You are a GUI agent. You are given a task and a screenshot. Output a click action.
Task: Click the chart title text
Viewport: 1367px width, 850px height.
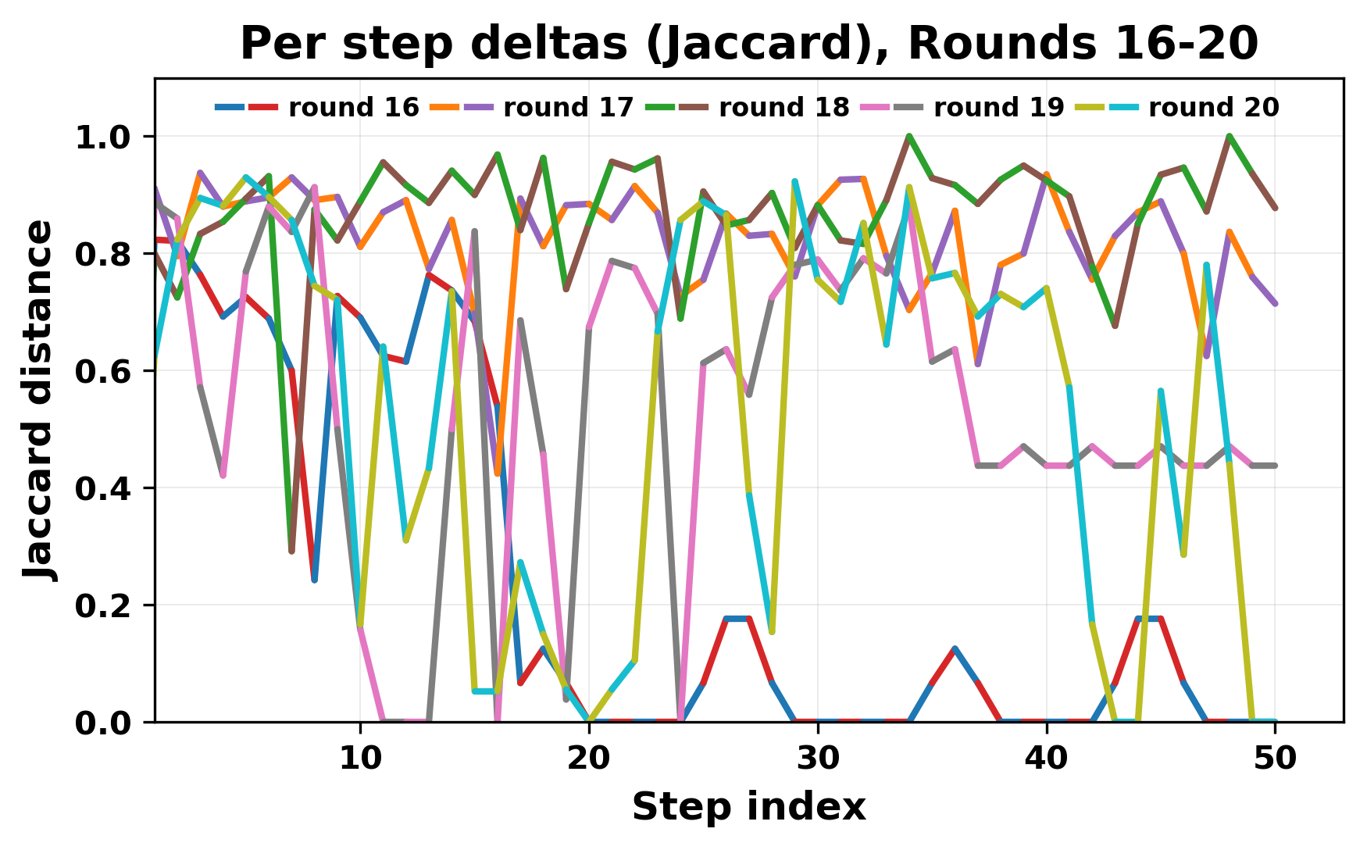click(749, 44)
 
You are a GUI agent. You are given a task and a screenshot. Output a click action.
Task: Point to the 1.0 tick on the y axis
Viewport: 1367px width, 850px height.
click(107, 137)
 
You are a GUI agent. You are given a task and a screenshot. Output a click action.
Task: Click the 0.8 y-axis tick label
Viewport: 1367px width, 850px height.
click(107, 255)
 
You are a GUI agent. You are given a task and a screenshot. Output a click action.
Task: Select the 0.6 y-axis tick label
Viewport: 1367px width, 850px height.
click(107, 372)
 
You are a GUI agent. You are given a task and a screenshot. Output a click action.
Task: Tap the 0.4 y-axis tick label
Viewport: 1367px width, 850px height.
click(107, 489)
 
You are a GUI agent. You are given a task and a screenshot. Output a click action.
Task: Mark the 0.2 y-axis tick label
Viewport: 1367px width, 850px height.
click(107, 606)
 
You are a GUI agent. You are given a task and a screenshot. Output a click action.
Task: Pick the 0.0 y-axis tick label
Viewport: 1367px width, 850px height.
click(107, 723)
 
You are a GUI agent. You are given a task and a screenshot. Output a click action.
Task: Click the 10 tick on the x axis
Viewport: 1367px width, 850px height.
click(360, 758)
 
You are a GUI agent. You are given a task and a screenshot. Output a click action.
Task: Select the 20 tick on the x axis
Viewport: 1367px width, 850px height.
click(589, 758)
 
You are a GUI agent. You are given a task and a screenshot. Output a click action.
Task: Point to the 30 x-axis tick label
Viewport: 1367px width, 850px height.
click(817, 758)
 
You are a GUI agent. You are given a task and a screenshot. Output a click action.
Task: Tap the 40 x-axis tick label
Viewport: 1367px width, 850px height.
click(1046, 758)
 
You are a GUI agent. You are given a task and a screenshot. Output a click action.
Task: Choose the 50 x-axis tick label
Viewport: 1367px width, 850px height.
click(1275, 758)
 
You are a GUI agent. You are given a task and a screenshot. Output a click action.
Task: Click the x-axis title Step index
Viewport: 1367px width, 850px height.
click(749, 807)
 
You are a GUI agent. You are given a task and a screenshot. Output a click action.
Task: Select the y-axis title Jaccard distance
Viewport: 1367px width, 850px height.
click(39, 400)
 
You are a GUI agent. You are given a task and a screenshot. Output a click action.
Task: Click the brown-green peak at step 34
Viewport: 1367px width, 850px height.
click(909, 136)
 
